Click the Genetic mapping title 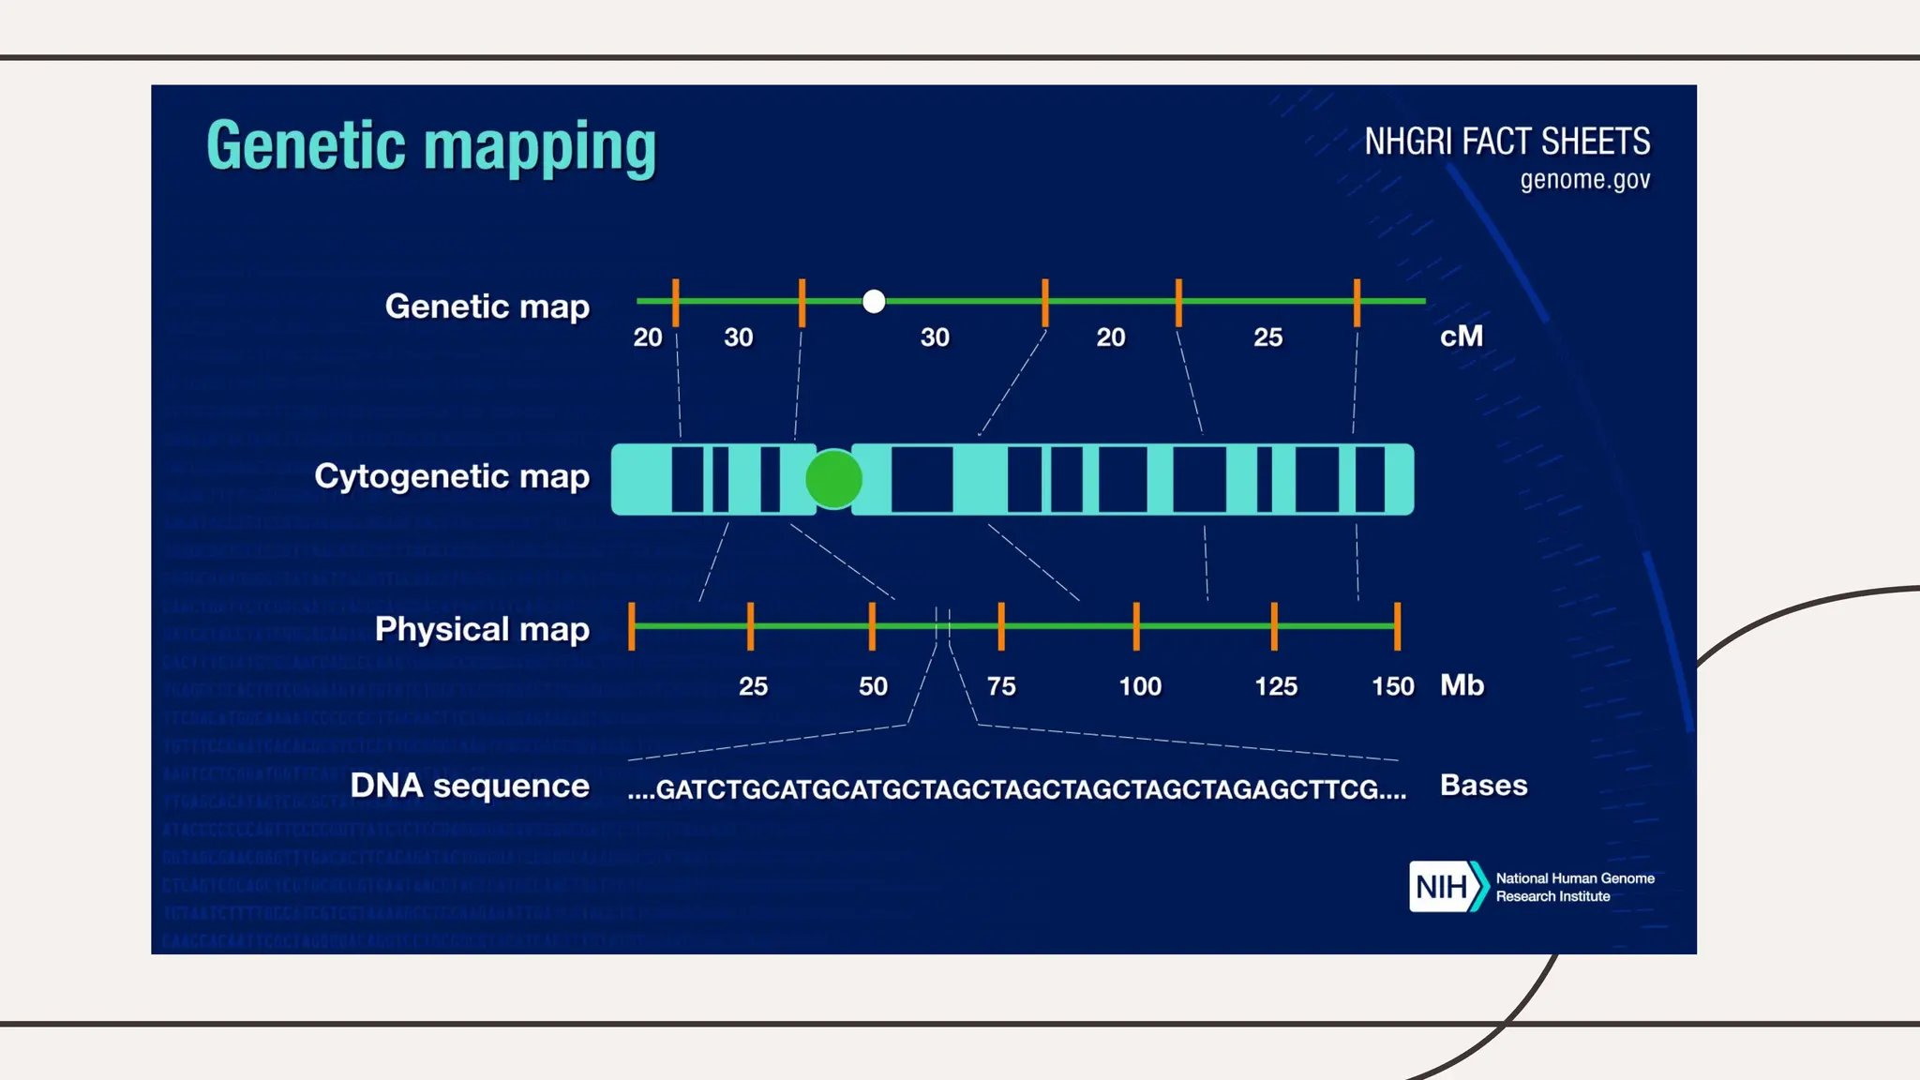coord(431,147)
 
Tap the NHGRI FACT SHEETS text coord(1507,142)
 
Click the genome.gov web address coord(1584,179)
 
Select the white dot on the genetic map coord(874,301)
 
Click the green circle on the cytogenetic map coord(833,479)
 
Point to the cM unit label coord(1462,336)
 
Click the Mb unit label coord(1462,684)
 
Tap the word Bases coord(1483,785)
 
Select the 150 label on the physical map coord(1392,686)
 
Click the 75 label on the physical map coord(1001,686)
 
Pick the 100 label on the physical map coord(1140,686)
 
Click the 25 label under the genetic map coord(1267,337)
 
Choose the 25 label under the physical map coord(753,686)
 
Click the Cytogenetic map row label coord(452,476)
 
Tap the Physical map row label coord(482,629)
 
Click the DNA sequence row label coord(470,786)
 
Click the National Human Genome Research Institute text coord(1574,887)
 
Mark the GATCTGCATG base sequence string coord(1017,789)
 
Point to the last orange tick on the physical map coord(1397,626)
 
